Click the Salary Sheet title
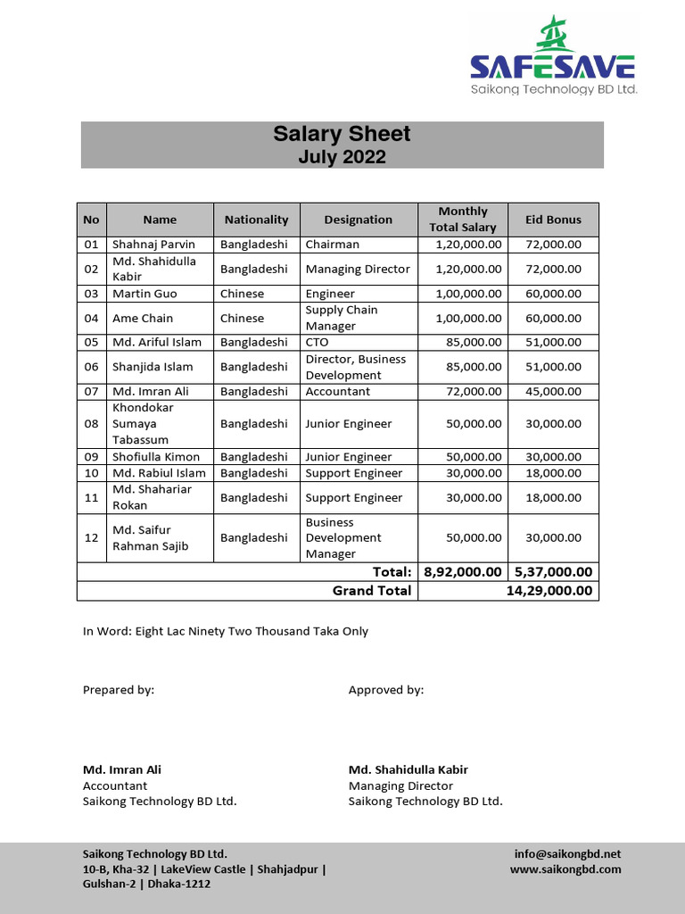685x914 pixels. (x=342, y=134)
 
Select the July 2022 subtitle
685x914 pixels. (x=342, y=157)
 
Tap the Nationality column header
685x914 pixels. (x=256, y=220)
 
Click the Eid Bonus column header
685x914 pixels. (x=553, y=220)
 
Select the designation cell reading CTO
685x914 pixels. (x=318, y=342)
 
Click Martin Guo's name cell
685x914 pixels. (x=144, y=294)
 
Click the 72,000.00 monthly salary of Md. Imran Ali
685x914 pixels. (x=468, y=391)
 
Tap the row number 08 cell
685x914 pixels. (x=91, y=424)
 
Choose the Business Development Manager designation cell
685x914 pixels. (x=343, y=538)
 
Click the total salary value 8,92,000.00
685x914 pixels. (x=462, y=572)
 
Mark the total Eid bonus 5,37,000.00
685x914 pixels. (x=553, y=572)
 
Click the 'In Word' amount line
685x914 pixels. (x=225, y=631)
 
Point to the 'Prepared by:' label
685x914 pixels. (x=119, y=690)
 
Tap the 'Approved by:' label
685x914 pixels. (x=386, y=690)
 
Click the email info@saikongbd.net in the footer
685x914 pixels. (x=567, y=854)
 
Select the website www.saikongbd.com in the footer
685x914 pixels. (x=565, y=869)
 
